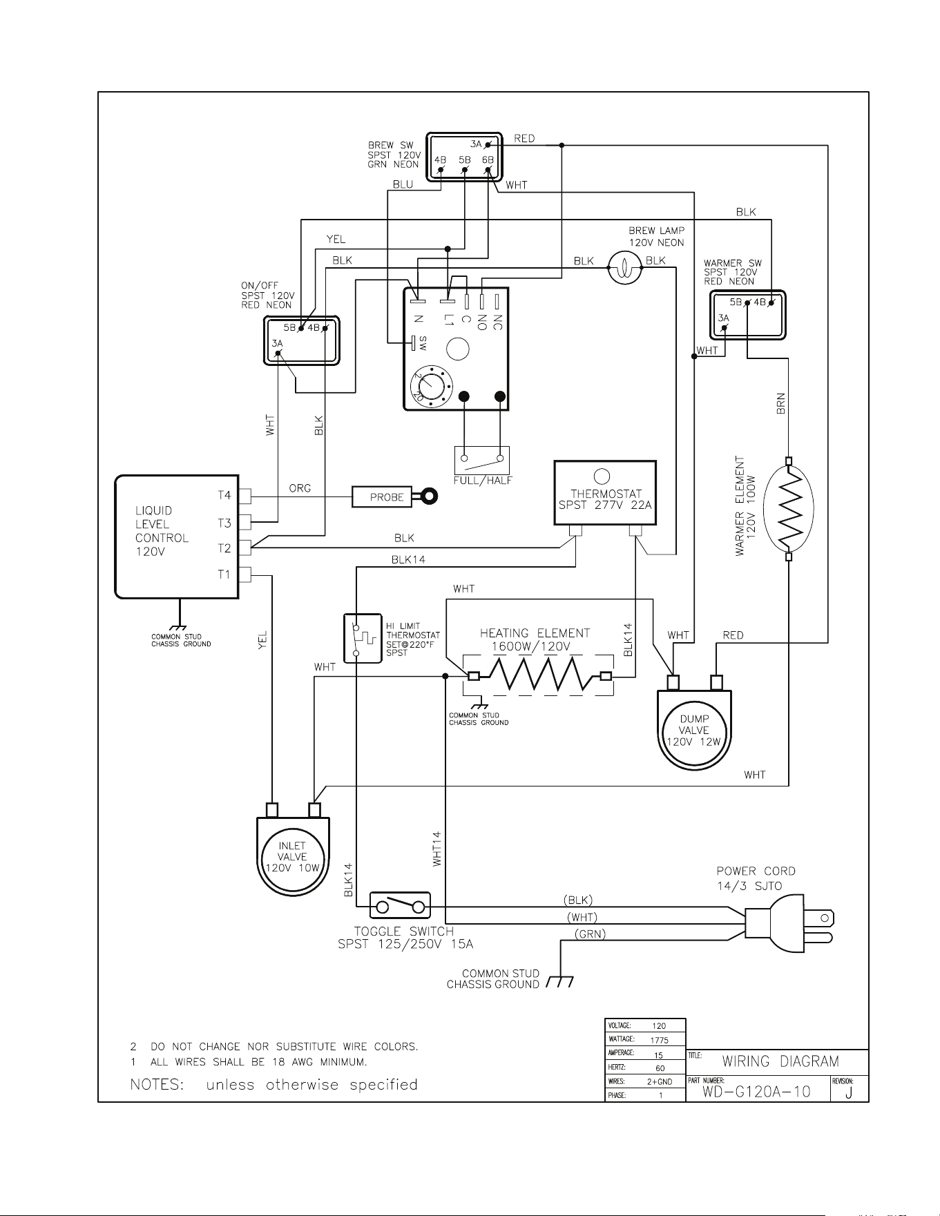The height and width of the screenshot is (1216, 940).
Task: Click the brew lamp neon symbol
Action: pos(624,268)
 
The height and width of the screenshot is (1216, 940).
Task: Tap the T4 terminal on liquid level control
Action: pos(244,495)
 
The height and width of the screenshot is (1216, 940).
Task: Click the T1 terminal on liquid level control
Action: pos(244,574)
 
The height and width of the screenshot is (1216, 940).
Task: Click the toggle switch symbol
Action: pos(400,905)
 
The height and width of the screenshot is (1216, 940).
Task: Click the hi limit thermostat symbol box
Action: pos(363,638)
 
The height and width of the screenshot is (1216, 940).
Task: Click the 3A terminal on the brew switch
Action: pos(488,144)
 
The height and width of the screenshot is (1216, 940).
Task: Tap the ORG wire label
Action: pos(300,488)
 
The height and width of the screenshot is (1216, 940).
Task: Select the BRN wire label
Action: pos(781,403)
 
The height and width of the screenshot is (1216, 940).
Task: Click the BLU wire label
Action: pos(403,184)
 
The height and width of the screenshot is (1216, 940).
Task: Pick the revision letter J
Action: pos(849,1092)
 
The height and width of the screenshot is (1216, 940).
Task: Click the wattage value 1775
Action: pos(660,1040)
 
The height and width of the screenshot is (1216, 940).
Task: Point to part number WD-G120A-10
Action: pos(756,1092)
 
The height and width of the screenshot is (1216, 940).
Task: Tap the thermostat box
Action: pos(605,493)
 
